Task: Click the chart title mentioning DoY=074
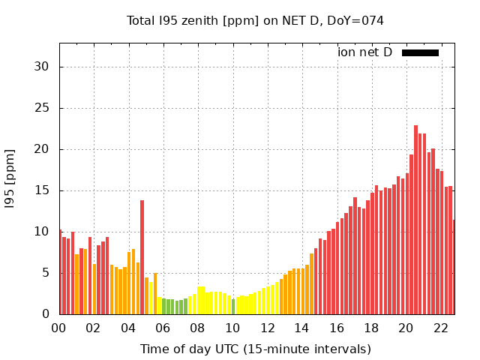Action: coord(255,20)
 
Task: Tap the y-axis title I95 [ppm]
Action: coord(10,178)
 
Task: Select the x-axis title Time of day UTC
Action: coord(255,349)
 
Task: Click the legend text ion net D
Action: coord(364,52)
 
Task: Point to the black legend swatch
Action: coord(420,52)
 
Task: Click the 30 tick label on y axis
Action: coord(42,67)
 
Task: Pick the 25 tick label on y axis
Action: coord(42,108)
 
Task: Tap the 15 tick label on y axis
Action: coord(42,190)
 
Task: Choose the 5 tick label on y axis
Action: coord(46,273)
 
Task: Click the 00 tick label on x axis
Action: coord(59,328)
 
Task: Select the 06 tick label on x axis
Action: coord(163,328)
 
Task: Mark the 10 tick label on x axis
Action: coord(232,328)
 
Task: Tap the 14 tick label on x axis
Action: coord(302,328)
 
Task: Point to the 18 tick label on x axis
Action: coord(371,328)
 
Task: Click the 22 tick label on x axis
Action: coord(441,328)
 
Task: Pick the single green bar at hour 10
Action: coord(233,307)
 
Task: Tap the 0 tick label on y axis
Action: coord(46,314)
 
